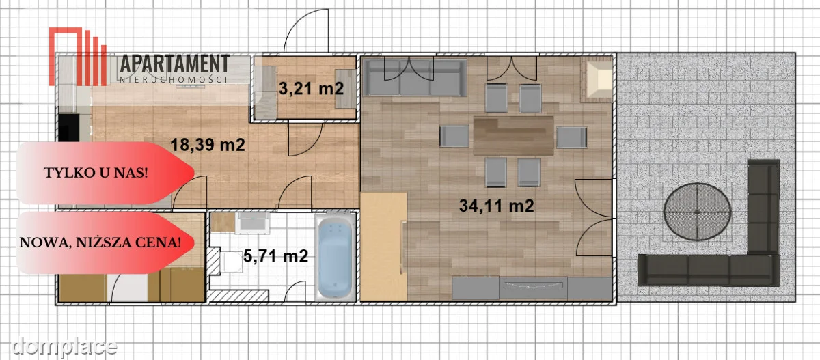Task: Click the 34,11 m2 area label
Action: pyautogui.click(x=496, y=206)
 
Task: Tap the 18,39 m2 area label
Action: pyautogui.click(x=208, y=145)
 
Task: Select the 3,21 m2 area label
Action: pyautogui.click(x=311, y=89)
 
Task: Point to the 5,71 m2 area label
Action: pyautogui.click(x=275, y=256)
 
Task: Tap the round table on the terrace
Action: pyautogui.click(x=698, y=212)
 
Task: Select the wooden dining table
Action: pyautogui.click(x=514, y=136)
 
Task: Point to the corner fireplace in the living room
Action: pyautogui.click(x=597, y=79)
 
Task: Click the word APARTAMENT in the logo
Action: pyautogui.click(x=175, y=64)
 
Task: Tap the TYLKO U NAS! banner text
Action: pyautogui.click(x=96, y=173)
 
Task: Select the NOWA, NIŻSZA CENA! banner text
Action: pyautogui.click(x=100, y=243)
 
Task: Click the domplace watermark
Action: pyautogui.click(x=64, y=346)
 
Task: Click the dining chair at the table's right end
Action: pyautogui.click(x=572, y=137)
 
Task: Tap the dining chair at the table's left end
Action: pyautogui.click(x=454, y=136)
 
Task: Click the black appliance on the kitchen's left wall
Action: pyautogui.click(x=69, y=127)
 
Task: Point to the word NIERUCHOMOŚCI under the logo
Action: pyautogui.click(x=174, y=79)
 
